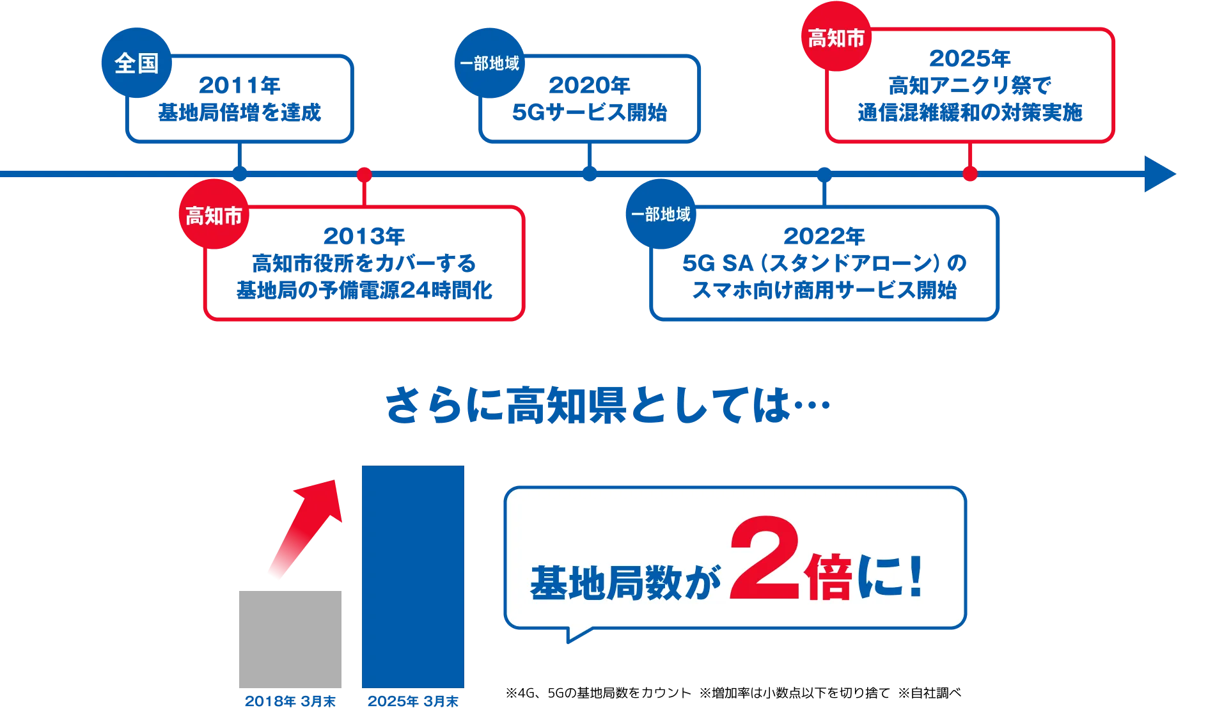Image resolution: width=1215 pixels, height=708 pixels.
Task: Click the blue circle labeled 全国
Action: click(x=136, y=63)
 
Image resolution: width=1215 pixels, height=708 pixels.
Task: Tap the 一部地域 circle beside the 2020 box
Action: click(x=489, y=63)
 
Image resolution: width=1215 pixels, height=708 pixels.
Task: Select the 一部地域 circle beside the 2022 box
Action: click(x=661, y=214)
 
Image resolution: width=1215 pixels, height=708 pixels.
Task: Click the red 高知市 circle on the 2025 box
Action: click(x=836, y=38)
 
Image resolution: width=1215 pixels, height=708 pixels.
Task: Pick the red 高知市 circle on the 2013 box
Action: click(x=214, y=215)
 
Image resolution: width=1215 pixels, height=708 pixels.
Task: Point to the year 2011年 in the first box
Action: click(x=239, y=85)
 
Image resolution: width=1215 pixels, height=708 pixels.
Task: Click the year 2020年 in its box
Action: click(x=588, y=85)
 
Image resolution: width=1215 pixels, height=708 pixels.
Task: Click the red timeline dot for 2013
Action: click(x=364, y=174)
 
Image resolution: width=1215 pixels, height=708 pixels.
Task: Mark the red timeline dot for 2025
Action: click(x=969, y=174)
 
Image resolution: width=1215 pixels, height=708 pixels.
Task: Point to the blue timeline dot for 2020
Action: click(x=590, y=174)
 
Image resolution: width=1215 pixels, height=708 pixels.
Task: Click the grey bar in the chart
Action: click(x=288, y=638)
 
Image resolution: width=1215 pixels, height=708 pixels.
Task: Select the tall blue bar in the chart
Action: click(x=412, y=577)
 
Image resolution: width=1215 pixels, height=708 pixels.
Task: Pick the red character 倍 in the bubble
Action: click(x=829, y=577)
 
